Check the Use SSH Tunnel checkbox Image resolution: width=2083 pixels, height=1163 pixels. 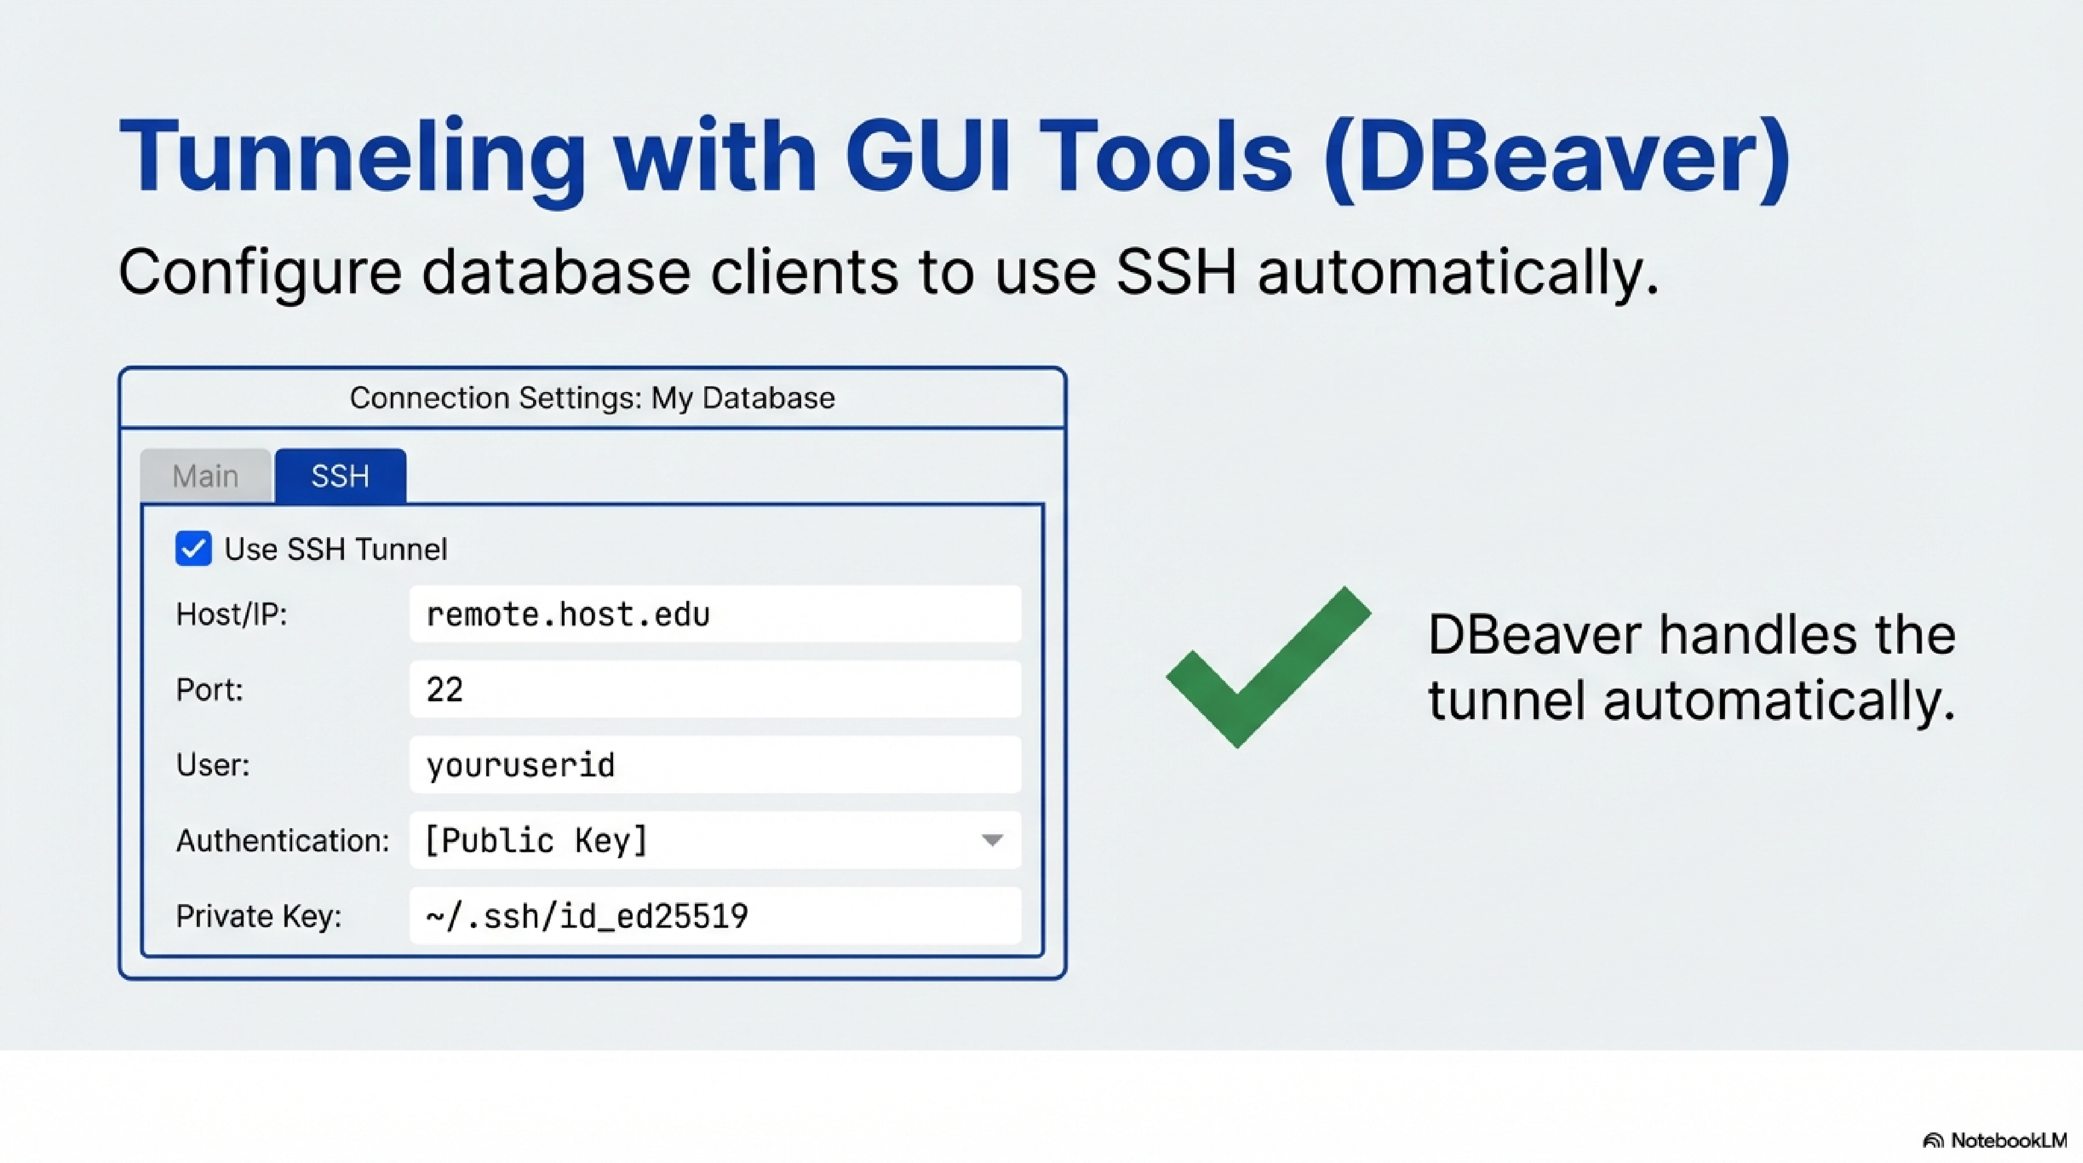coord(193,549)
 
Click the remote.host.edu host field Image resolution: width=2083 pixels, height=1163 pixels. coord(715,614)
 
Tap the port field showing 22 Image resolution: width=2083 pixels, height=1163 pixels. coord(715,690)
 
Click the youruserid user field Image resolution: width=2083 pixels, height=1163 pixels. coord(715,765)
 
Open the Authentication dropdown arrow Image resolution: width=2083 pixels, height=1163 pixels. coord(992,840)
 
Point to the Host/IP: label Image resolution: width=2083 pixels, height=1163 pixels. coord(231,614)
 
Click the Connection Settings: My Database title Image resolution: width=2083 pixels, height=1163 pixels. coord(592,398)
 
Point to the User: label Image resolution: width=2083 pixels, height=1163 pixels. coord(213,765)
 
